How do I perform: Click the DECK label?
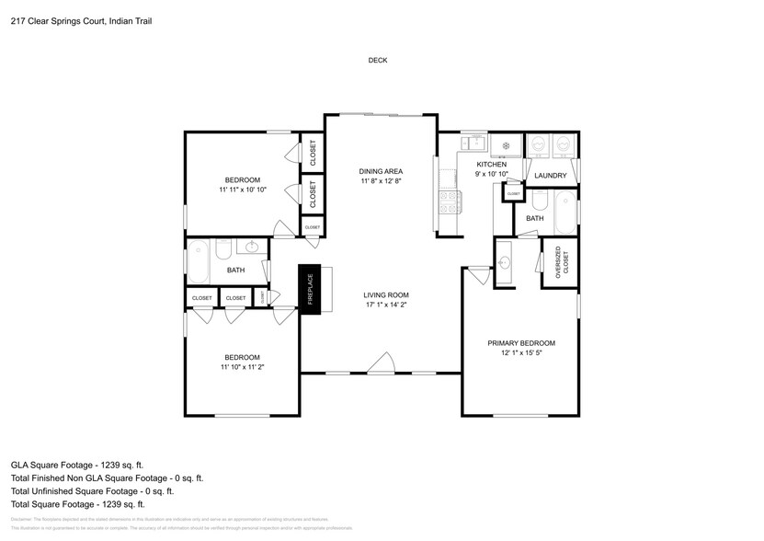pyautogui.click(x=378, y=61)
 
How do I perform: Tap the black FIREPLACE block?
pyautogui.click(x=310, y=291)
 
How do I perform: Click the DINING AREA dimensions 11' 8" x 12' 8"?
pyautogui.click(x=381, y=181)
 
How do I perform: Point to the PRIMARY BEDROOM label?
pyautogui.click(x=521, y=343)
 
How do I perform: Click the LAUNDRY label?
pyautogui.click(x=550, y=176)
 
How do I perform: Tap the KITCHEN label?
pyautogui.click(x=491, y=165)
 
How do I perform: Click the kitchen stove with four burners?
pyautogui.click(x=450, y=201)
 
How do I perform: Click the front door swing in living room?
pyautogui.click(x=383, y=364)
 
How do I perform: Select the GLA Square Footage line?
pyautogui.click(x=77, y=466)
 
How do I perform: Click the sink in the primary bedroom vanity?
pyautogui.click(x=504, y=263)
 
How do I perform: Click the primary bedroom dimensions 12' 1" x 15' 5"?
pyautogui.click(x=521, y=353)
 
